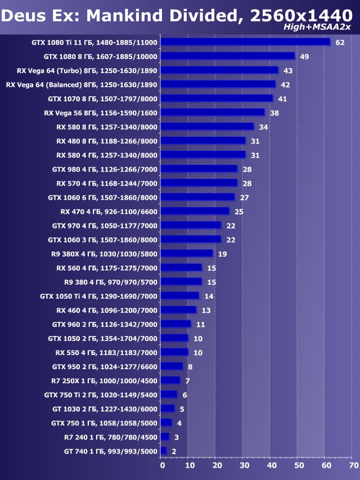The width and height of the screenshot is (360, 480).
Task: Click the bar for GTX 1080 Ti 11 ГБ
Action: click(245, 42)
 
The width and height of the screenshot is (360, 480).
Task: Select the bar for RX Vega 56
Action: click(213, 113)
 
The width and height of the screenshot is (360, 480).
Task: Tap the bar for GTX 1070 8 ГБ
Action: click(217, 98)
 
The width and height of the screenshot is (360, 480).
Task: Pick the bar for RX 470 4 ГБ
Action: click(195, 211)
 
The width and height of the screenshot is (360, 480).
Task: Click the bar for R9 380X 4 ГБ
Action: click(187, 253)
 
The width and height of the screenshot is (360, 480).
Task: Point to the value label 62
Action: click(339, 43)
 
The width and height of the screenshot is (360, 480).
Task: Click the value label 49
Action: click(304, 57)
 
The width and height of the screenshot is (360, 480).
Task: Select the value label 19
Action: click(222, 254)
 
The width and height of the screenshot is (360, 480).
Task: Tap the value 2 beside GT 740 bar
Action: click(174, 451)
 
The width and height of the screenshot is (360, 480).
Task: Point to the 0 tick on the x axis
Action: click(163, 465)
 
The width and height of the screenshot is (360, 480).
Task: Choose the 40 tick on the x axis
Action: click(272, 465)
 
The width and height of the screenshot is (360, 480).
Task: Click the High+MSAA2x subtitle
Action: click(325, 27)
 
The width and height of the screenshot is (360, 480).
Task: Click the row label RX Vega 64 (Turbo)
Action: click(88, 70)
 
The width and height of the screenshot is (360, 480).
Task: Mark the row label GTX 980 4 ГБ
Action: click(105, 169)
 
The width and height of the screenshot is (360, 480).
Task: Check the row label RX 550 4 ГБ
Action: click(106, 352)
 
